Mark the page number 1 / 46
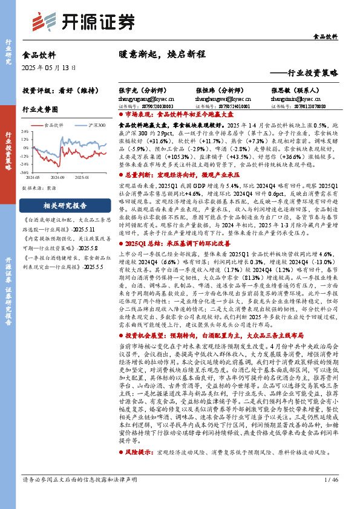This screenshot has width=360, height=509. click(331, 496)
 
